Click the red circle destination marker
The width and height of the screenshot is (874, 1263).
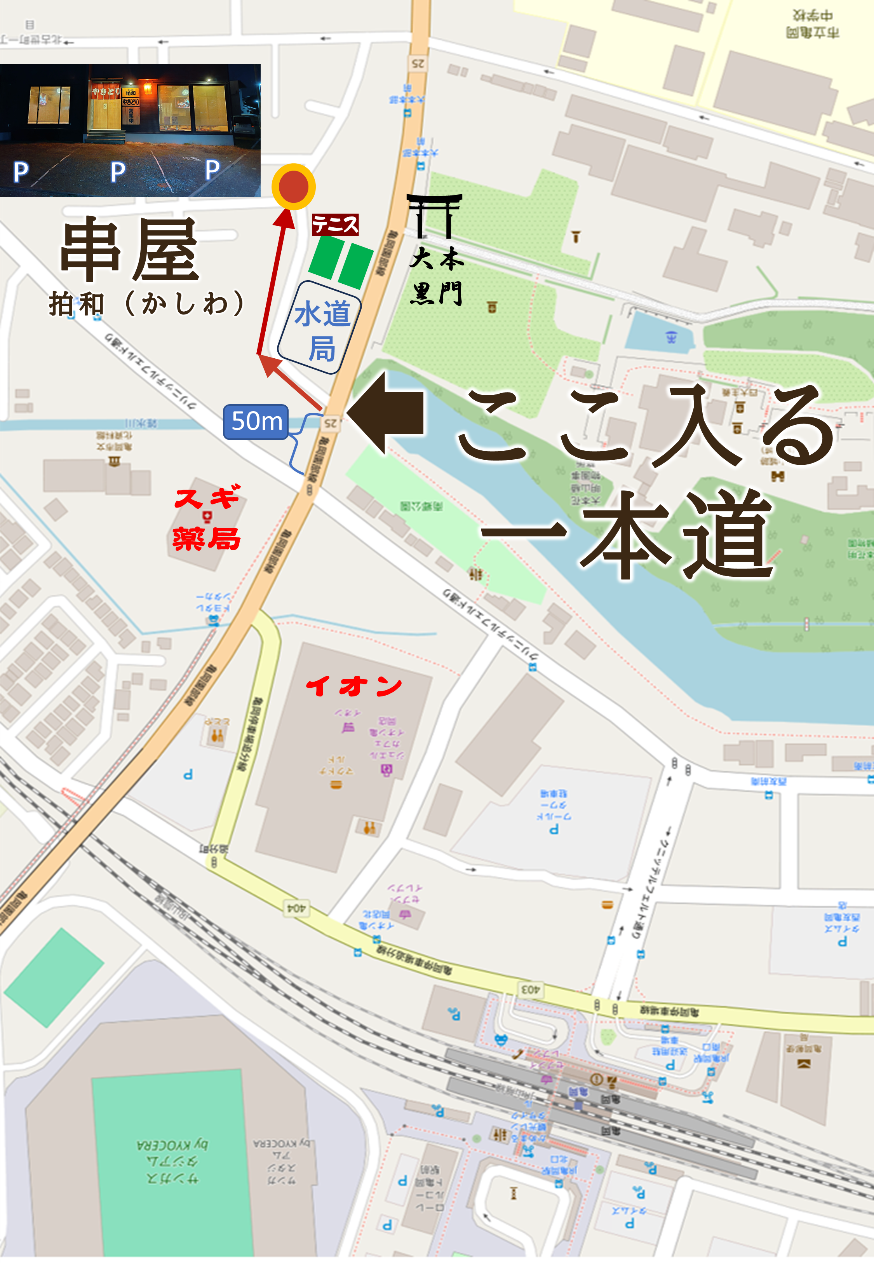(294, 187)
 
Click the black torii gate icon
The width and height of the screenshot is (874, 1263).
(434, 216)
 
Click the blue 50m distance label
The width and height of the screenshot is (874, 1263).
(256, 422)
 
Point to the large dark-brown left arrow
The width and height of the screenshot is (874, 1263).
(387, 413)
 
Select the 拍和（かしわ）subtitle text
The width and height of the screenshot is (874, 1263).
(147, 303)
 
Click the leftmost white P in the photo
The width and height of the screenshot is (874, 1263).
(21, 172)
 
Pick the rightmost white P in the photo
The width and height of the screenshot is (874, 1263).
(212, 170)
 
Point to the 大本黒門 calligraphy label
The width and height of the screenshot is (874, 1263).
(437, 277)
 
